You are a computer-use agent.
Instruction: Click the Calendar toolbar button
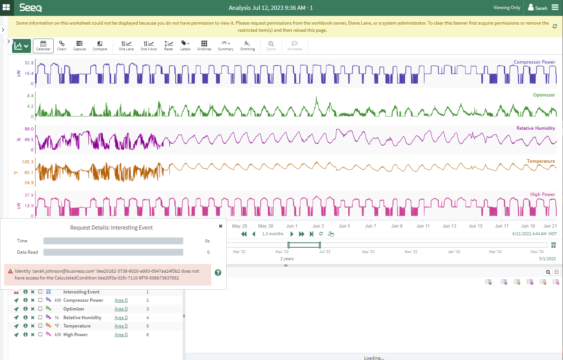tap(43, 46)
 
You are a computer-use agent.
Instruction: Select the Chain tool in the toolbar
tap(62, 46)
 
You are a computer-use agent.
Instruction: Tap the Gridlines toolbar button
tap(204, 46)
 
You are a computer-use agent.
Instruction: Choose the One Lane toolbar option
tap(126, 46)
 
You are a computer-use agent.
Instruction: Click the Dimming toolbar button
tap(247, 46)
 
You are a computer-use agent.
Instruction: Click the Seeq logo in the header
tap(31, 8)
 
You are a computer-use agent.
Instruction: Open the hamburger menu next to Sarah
tap(555, 7)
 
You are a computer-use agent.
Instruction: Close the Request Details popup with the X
tap(221, 226)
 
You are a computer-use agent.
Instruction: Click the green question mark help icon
tap(218, 273)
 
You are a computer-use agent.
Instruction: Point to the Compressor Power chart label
tap(534, 62)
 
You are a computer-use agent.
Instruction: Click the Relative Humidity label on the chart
tap(535, 128)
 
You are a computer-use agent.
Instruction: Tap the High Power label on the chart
tap(542, 194)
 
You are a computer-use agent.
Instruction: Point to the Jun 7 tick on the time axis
tap(370, 226)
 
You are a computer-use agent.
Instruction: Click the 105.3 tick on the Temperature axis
tap(28, 162)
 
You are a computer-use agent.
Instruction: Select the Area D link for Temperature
tap(121, 326)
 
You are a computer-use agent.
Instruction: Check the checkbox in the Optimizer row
tap(40, 309)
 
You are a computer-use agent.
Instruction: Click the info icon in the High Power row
tap(25, 334)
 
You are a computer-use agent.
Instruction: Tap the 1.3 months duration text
tap(272, 234)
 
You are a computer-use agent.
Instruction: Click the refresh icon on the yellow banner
tap(555, 26)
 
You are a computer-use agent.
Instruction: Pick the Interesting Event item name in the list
tap(81, 292)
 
